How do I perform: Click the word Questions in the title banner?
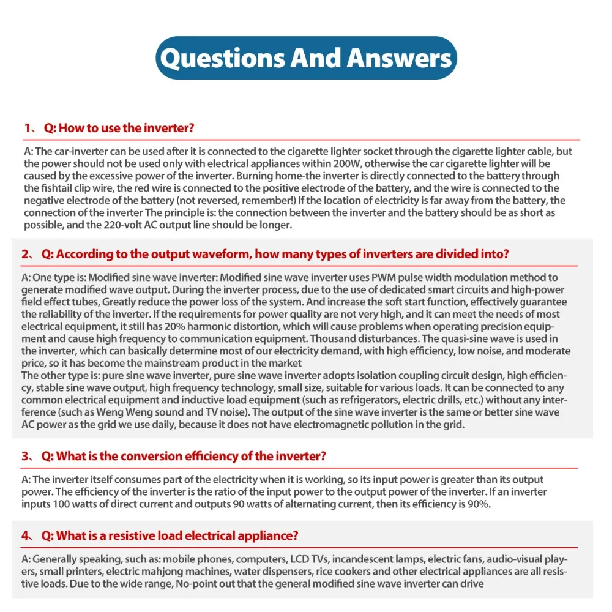click(x=221, y=58)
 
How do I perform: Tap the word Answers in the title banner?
click(x=398, y=58)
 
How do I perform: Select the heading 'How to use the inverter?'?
click(x=126, y=128)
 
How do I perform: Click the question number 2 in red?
click(x=26, y=255)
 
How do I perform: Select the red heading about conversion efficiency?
click(x=184, y=456)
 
